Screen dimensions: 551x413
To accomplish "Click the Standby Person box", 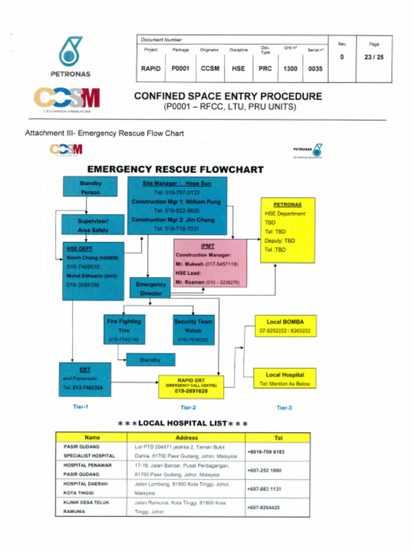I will (x=90, y=187).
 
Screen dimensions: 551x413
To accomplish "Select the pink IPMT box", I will (x=210, y=263).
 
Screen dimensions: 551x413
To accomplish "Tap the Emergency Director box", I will (x=151, y=288).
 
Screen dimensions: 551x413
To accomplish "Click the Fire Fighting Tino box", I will (x=124, y=330).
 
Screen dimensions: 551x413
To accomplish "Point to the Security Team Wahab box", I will (x=194, y=330).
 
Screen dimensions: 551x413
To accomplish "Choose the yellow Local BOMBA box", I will (x=285, y=326).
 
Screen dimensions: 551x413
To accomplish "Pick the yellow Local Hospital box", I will (x=285, y=379).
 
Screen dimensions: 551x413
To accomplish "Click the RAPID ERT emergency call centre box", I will (x=191, y=387).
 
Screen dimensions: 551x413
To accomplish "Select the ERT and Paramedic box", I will (x=85, y=379).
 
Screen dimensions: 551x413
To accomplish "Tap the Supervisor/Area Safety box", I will (x=93, y=225).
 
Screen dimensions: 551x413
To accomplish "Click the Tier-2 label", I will (x=188, y=408).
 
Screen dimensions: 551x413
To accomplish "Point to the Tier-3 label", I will (x=284, y=408).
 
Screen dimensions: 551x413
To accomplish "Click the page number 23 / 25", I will (x=374, y=58).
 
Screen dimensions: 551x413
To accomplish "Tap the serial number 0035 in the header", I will (x=315, y=69).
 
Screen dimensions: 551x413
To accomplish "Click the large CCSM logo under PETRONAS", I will (x=67, y=98).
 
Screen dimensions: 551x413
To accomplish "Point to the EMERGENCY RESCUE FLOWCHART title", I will (x=175, y=169).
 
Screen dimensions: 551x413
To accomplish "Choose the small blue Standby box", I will (x=151, y=359).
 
